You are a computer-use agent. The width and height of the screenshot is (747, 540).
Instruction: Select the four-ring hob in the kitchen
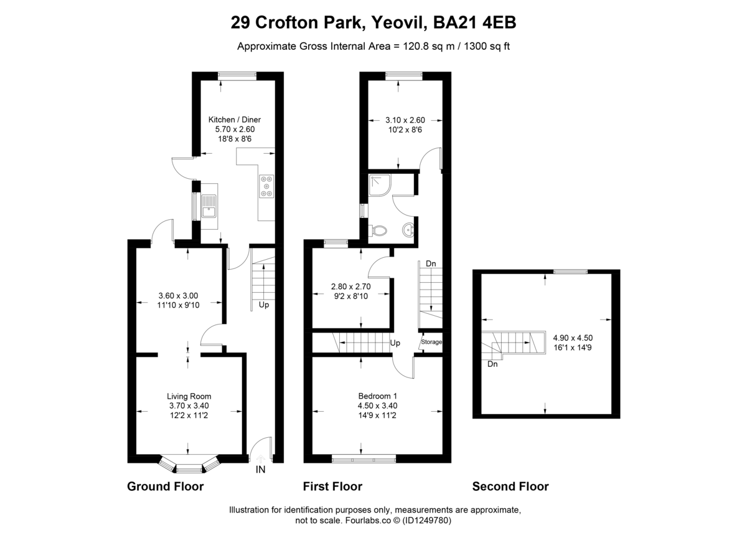(x=267, y=185)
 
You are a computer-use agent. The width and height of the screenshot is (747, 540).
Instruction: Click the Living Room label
(x=189, y=396)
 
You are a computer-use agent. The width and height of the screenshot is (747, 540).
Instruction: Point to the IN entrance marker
(x=260, y=470)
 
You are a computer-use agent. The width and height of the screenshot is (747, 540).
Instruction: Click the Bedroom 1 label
(x=377, y=396)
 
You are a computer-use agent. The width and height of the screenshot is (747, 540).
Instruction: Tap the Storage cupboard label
(x=431, y=342)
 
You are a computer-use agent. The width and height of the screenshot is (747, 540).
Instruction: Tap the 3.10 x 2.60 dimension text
(x=405, y=120)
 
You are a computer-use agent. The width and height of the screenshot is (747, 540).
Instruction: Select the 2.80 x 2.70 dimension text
(x=350, y=287)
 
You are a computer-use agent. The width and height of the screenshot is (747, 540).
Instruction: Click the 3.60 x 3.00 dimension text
(x=178, y=295)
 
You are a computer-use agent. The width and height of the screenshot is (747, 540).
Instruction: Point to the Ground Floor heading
(x=165, y=486)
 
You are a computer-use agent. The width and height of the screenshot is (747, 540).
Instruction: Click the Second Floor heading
(x=510, y=486)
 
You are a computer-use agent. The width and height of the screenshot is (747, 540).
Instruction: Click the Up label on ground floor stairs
(x=264, y=306)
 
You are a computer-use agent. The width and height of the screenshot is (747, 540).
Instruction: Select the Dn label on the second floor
(x=492, y=364)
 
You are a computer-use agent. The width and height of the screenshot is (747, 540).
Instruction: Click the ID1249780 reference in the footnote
(x=426, y=520)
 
